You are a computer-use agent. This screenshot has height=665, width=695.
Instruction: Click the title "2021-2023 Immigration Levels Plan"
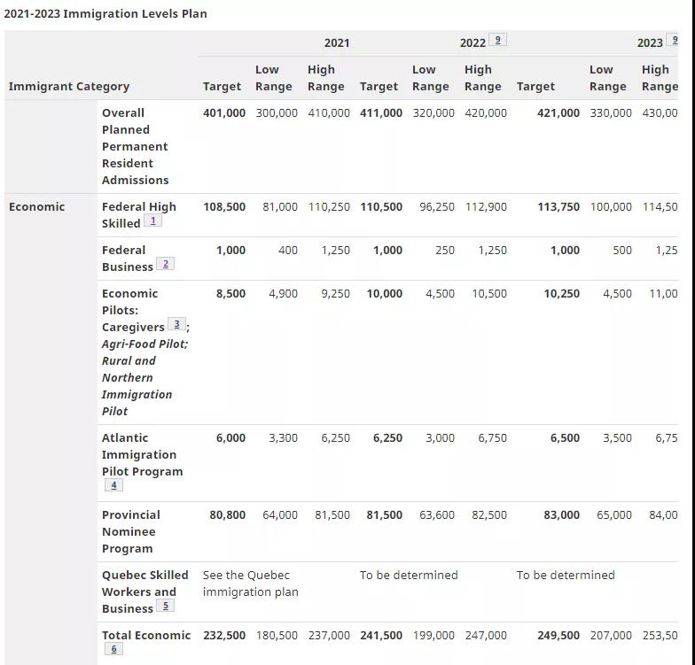click(x=105, y=14)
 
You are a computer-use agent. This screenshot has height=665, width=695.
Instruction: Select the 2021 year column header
click(x=337, y=43)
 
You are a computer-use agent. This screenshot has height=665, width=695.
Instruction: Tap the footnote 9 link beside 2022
click(x=498, y=40)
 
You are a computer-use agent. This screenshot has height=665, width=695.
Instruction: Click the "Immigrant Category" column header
click(x=69, y=87)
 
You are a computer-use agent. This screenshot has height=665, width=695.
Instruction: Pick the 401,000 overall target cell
click(x=224, y=113)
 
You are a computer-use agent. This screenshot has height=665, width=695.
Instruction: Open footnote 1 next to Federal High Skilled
click(x=152, y=220)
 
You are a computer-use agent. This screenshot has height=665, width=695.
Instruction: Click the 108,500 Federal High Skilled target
click(x=224, y=207)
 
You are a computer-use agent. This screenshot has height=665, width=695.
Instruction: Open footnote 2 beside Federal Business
click(x=165, y=264)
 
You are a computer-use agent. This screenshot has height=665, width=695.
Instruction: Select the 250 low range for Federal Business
click(x=445, y=250)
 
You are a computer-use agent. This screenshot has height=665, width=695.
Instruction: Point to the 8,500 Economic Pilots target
click(x=230, y=294)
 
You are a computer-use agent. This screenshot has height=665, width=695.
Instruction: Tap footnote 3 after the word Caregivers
click(x=176, y=324)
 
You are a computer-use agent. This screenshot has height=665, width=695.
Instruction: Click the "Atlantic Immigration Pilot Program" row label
click(x=142, y=460)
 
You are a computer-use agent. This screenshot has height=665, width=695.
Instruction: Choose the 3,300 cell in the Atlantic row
click(x=284, y=437)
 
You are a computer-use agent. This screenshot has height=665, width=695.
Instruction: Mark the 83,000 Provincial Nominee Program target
click(x=562, y=515)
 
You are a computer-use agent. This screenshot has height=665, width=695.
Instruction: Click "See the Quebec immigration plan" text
click(x=250, y=584)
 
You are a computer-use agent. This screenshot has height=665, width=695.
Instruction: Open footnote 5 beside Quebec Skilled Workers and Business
click(x=165, y=606)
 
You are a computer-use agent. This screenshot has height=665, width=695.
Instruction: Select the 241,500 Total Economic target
click(x=381, y=636)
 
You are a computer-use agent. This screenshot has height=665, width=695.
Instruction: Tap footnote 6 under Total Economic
click(x=113, y=649)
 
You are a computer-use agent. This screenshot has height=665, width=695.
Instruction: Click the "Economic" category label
click(x=37, y=207)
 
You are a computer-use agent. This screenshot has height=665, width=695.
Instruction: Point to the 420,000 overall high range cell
click(x=486, y=113)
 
